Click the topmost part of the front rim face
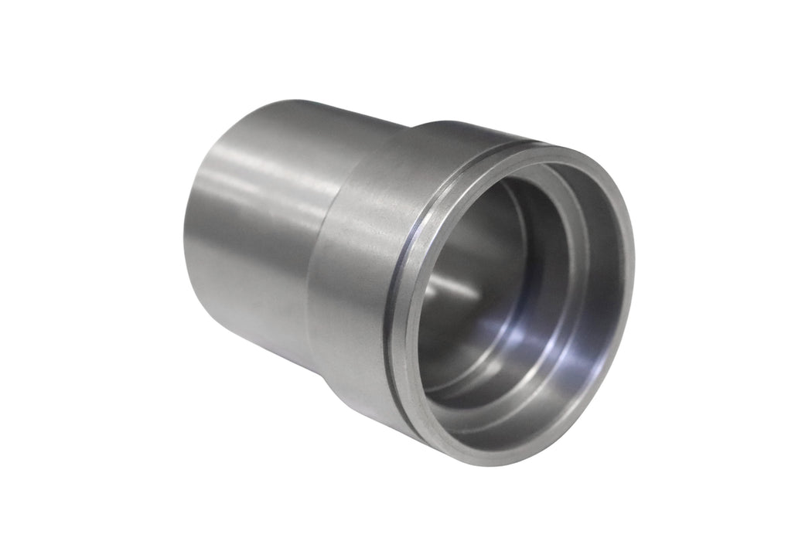click(557, 151)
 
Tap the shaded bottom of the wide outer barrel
click(363, 386)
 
